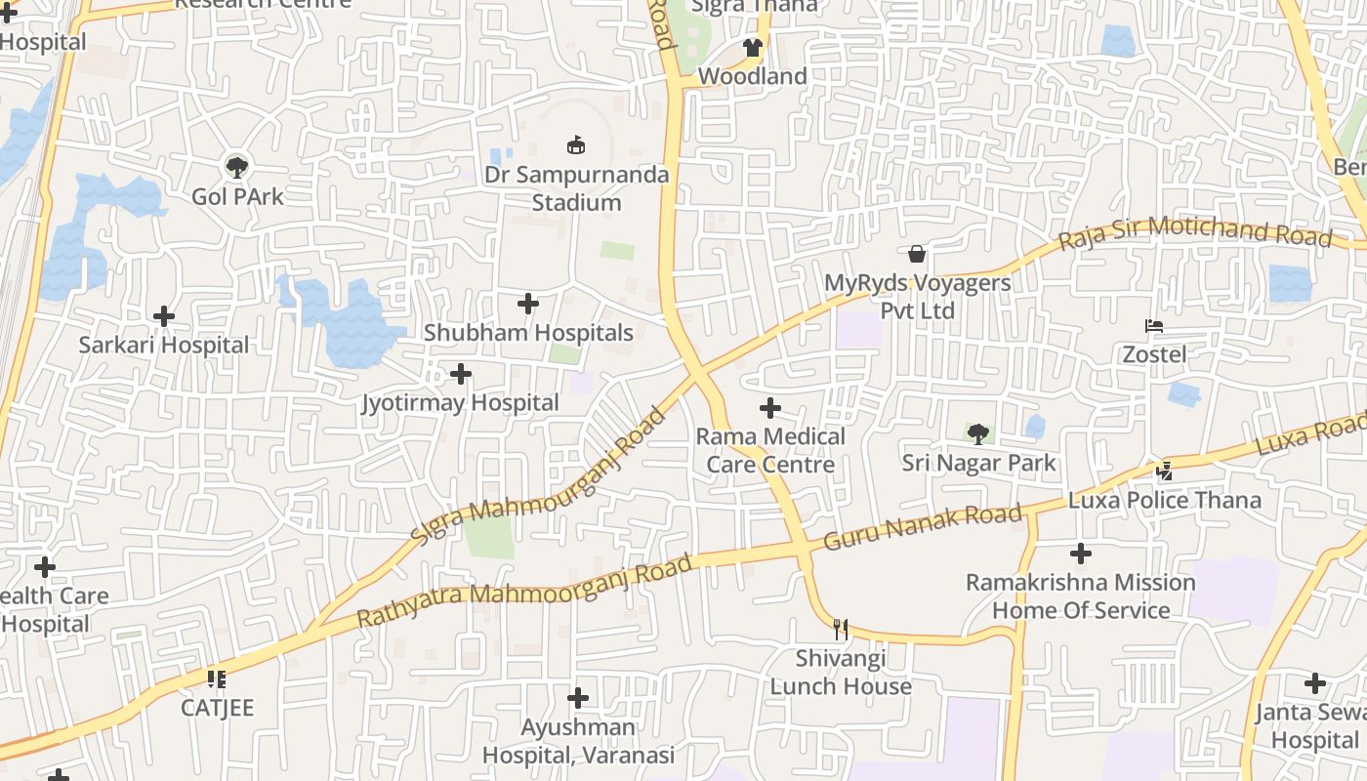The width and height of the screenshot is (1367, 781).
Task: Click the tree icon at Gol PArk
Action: (x=236, y=166)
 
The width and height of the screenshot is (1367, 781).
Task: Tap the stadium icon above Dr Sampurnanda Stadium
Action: (x=576, y=145)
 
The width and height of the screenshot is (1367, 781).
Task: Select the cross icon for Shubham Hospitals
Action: (x=528, y=304)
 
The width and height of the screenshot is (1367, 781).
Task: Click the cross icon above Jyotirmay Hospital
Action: (x=460, y=374)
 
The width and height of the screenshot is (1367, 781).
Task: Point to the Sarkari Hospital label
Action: (x=164, y=345)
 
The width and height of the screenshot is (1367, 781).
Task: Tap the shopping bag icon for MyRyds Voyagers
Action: (x=917, y=254)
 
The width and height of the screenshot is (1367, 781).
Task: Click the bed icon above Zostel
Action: (x=1154, y=325)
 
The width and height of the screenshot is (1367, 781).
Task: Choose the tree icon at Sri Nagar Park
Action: (x=978, y=433)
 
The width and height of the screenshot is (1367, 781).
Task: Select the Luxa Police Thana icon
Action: (x=1164, y=472)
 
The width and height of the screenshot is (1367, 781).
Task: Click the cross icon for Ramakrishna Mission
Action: (x=1080, y=554)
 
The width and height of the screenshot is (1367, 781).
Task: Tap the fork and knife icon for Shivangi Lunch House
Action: (x=840, y=630)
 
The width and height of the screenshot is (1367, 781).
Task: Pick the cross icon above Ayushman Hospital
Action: (x=578, y=698)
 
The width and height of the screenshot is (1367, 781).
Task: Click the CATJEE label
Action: (x=217, y=708)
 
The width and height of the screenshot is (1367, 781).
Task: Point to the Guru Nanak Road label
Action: (x=924, y=527)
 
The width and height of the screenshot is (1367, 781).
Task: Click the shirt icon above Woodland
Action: (x=752, y=47)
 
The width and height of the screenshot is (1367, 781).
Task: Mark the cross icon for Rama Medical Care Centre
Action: (x=770, y=407)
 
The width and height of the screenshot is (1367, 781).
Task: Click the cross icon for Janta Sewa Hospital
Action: (x=1315, y=683)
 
